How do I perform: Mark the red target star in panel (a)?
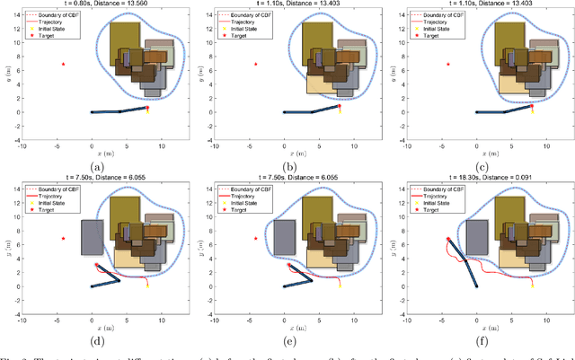[63, 64]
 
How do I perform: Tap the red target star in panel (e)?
[255, 239]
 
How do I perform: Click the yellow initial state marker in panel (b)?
[340, 110]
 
